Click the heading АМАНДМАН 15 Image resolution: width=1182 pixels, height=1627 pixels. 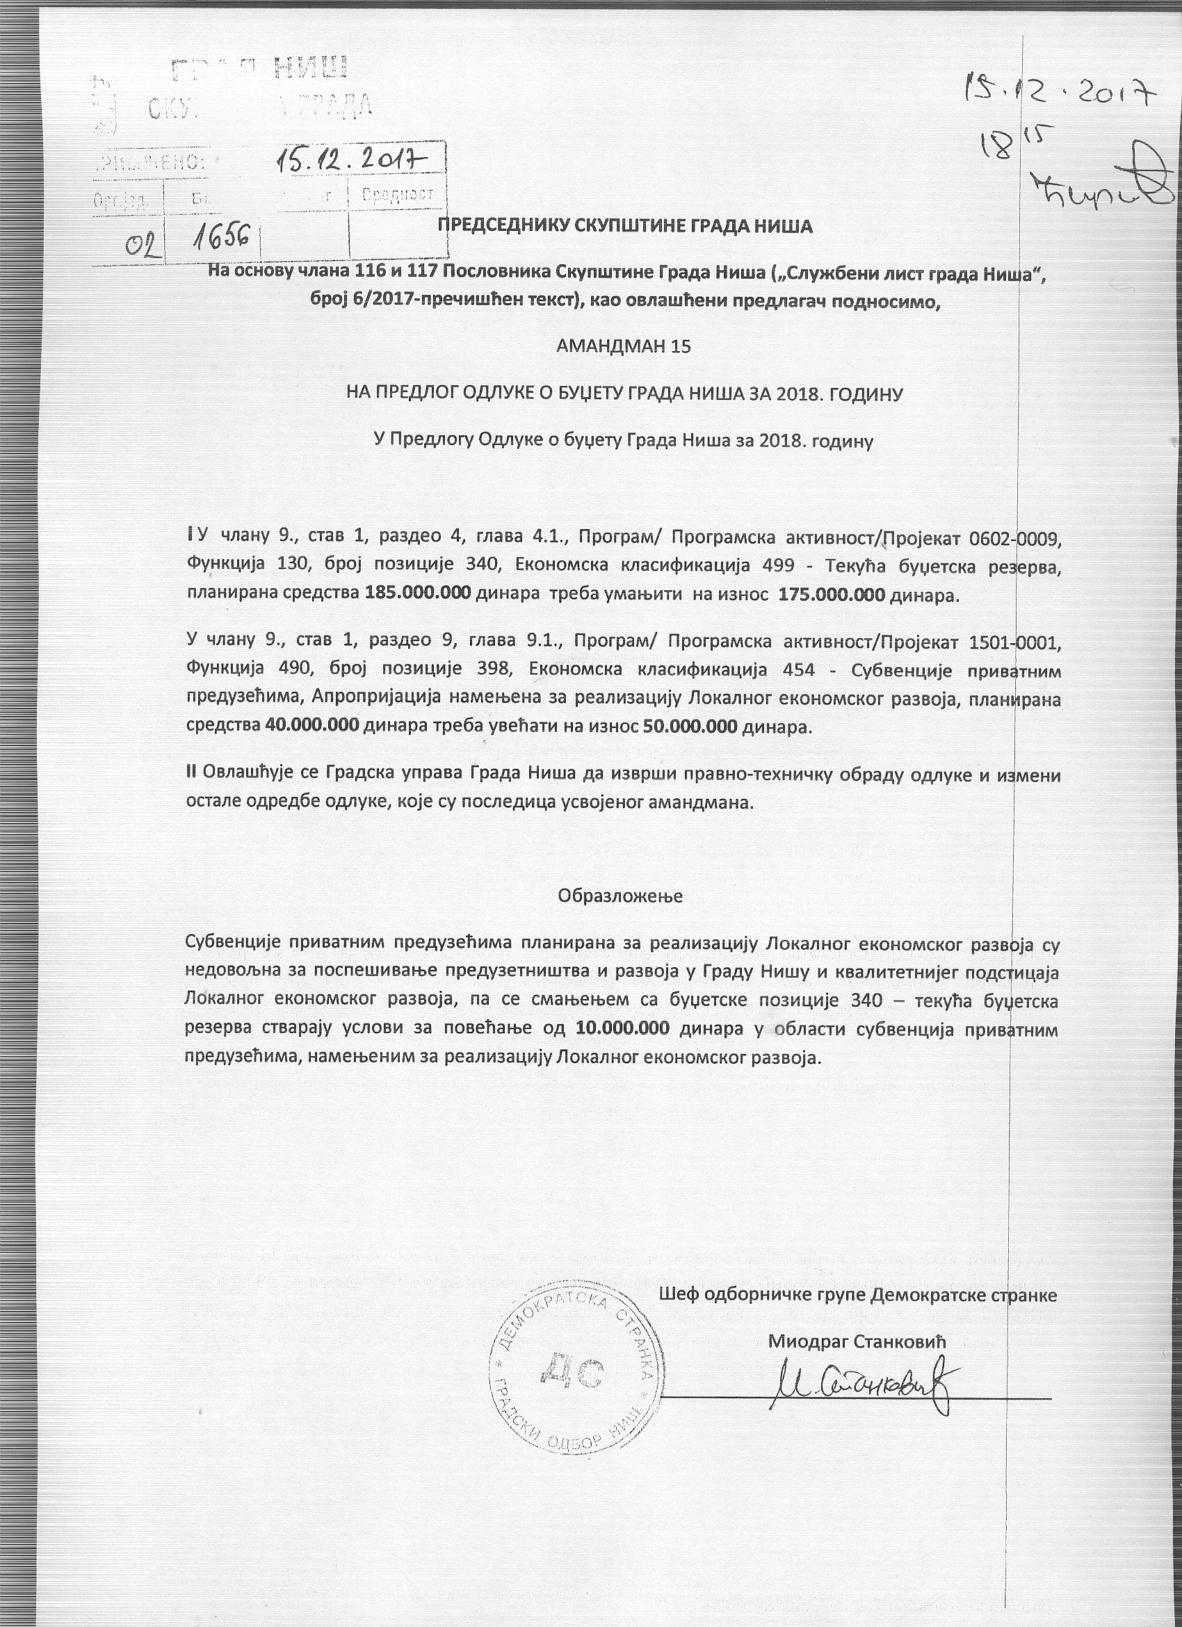click(x=623, y=347)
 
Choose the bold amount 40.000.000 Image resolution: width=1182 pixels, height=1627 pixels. click(x=312, y=725)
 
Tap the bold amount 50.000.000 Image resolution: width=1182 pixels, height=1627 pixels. click(x=690, y=725)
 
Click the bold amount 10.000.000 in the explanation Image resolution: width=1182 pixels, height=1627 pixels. click(x=622, y=1027)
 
